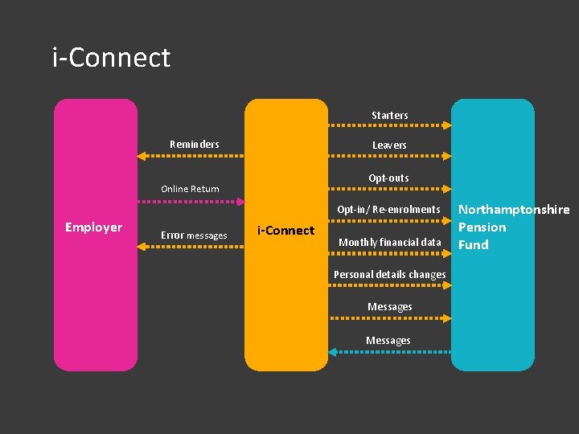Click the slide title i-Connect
[x=111, y=58]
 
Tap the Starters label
[x=389, y=116]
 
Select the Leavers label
[x=389, y=145]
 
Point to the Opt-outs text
[x=389, y=178]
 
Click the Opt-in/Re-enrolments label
[x=389, y=210]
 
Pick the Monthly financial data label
[x=390, y=242]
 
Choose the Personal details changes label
[x=390, y=275]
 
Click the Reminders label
[x=195, y=145]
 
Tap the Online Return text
[x=190, y=189]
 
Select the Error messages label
[x=194, y=235]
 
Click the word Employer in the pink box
[x=93, y=227]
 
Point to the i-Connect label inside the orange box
[x=285, y=231]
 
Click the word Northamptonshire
[x=514, y=210]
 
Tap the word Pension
[x=482, y=227]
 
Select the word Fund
[x=473, y=244]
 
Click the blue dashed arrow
[x=390, y=351]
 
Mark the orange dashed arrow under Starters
[x=390, y=125]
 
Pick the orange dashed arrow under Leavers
[x=390, y=156]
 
